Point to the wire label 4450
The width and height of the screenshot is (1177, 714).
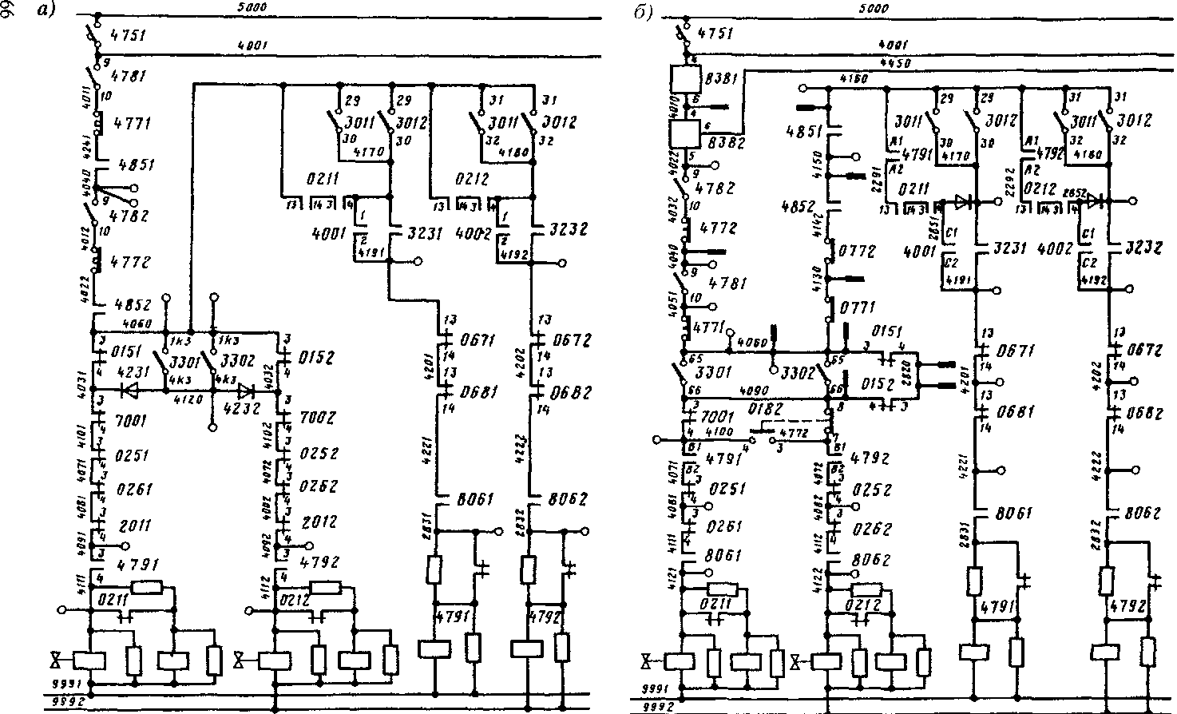[x=894, y=62]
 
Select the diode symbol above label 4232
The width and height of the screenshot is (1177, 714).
[x=244, y=391]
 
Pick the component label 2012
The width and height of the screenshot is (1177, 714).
[x=320, y=524]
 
